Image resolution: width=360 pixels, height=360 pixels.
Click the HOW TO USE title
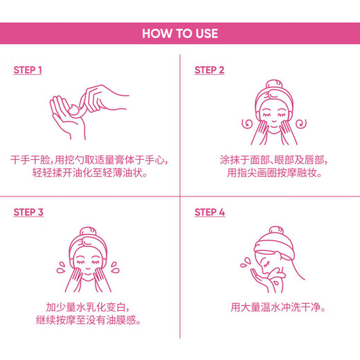pyautogui.click(x=180, y=33)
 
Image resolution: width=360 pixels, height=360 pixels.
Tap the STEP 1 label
pyautogui.click(x=28, y=71)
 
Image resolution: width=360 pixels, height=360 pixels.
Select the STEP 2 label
pyautogui.click(x=209, y=71)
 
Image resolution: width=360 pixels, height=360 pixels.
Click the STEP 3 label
pyautogui.click(x=28, y=213)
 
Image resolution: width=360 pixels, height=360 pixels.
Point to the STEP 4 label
pyautogui.click(x=209, y=213)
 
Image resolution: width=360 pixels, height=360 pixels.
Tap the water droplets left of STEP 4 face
pyautogui.click(x=245, y=264)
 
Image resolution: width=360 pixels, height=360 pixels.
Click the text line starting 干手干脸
pyautogui.click(x=90, y=159)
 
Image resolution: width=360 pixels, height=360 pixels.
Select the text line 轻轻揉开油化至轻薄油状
pyautogui.click(x=90, y=174)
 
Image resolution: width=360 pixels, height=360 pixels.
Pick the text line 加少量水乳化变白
pyautogui.click(x=90, y=307)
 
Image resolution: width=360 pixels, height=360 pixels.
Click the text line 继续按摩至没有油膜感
pyautogui.click(x=90, y=321)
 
